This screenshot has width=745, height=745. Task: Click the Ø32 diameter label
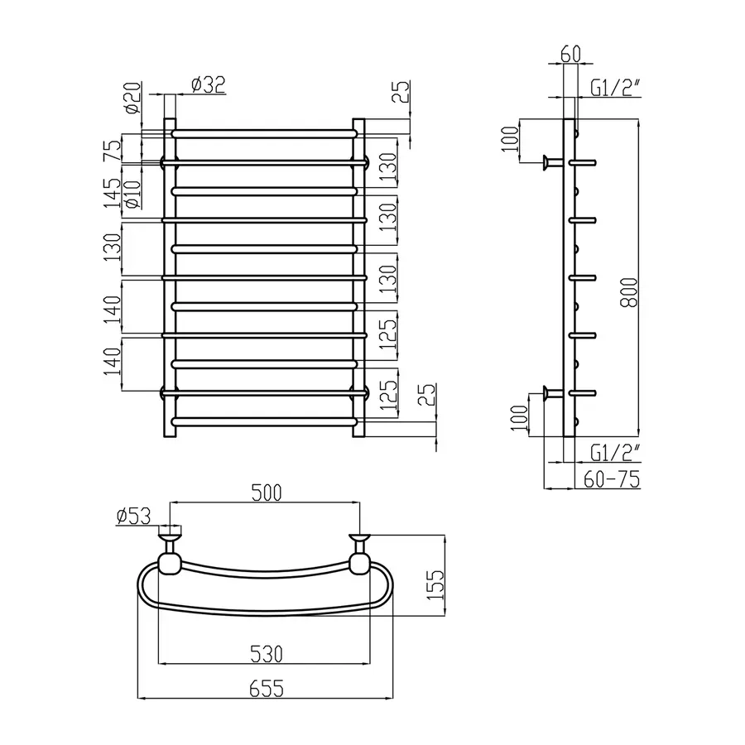208,84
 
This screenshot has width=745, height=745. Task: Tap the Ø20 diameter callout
133,98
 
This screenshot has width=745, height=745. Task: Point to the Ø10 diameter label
132,195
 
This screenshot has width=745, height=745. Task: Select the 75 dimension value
113,151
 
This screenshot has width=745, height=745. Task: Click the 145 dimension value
113,193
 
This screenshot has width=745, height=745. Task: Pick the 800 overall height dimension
630,293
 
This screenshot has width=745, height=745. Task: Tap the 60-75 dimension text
612,479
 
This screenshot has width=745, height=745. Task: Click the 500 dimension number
267,493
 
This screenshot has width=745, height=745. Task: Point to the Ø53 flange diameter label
133,516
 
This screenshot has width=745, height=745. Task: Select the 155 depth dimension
435,585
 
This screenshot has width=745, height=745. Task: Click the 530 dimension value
267,654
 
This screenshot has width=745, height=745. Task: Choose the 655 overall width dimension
267,689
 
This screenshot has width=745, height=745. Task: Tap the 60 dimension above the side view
570,54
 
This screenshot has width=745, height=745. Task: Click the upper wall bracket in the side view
553,162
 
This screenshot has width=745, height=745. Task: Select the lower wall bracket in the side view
553,393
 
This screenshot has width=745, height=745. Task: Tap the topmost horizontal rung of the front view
264,133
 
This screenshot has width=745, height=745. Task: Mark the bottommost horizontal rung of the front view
264,421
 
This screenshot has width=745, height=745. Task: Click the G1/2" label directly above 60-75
615,453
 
